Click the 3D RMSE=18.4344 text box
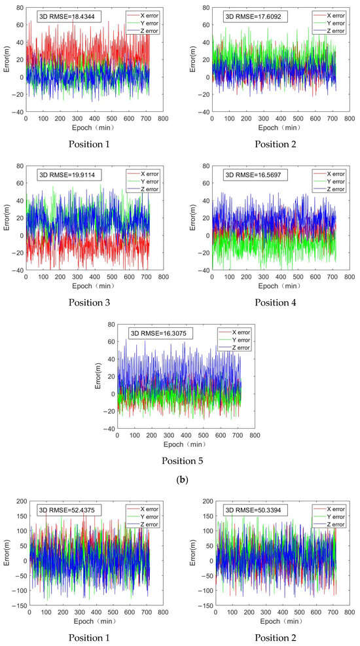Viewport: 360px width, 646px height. pos(69,16)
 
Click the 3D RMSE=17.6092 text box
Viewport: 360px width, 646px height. pos(248,16)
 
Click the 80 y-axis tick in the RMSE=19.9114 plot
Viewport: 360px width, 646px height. pos(18,166)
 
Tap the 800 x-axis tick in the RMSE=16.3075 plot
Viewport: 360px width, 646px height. pos(255,435)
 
